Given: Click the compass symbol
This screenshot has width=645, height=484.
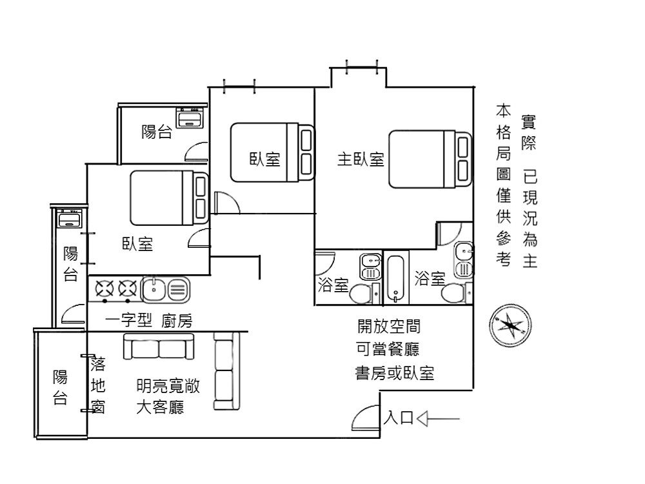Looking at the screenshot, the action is point(510,325).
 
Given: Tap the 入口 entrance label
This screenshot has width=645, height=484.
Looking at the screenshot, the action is point(399,418).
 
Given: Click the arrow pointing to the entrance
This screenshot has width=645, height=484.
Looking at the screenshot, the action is point(438,419).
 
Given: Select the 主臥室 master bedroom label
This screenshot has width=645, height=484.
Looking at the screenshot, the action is point(361,159).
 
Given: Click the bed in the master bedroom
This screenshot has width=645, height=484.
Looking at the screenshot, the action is point(430,159).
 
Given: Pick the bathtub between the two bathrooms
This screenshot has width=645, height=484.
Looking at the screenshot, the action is point(396,279).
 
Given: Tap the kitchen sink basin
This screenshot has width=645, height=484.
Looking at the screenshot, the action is point(154,289).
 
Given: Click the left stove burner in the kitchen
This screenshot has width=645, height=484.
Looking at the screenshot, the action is point(104,288).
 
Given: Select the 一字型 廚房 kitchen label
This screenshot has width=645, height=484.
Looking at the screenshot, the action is point(148,320).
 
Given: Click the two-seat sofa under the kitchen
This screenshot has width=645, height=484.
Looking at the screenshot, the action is point(159,346).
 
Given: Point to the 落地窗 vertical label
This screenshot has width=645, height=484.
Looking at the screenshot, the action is point(98,385).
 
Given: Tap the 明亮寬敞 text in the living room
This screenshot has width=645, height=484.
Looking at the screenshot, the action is point(168,386).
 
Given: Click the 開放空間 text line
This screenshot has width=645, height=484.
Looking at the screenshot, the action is point(389,327).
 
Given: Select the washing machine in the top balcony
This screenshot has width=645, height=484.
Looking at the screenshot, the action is point(190,117).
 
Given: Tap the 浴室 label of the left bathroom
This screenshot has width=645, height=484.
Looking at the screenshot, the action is point(333,285).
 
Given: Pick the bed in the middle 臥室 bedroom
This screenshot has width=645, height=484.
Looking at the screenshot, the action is point(272,152).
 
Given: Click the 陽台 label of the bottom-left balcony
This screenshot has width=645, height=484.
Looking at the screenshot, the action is point(60,387).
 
